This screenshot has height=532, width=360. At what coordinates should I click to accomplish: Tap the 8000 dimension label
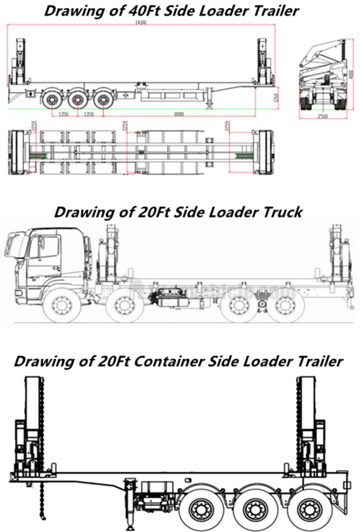(179, 114)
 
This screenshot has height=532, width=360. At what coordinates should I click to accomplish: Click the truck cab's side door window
(48, 247)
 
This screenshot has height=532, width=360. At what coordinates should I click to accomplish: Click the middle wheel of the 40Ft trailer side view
(76, 100)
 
